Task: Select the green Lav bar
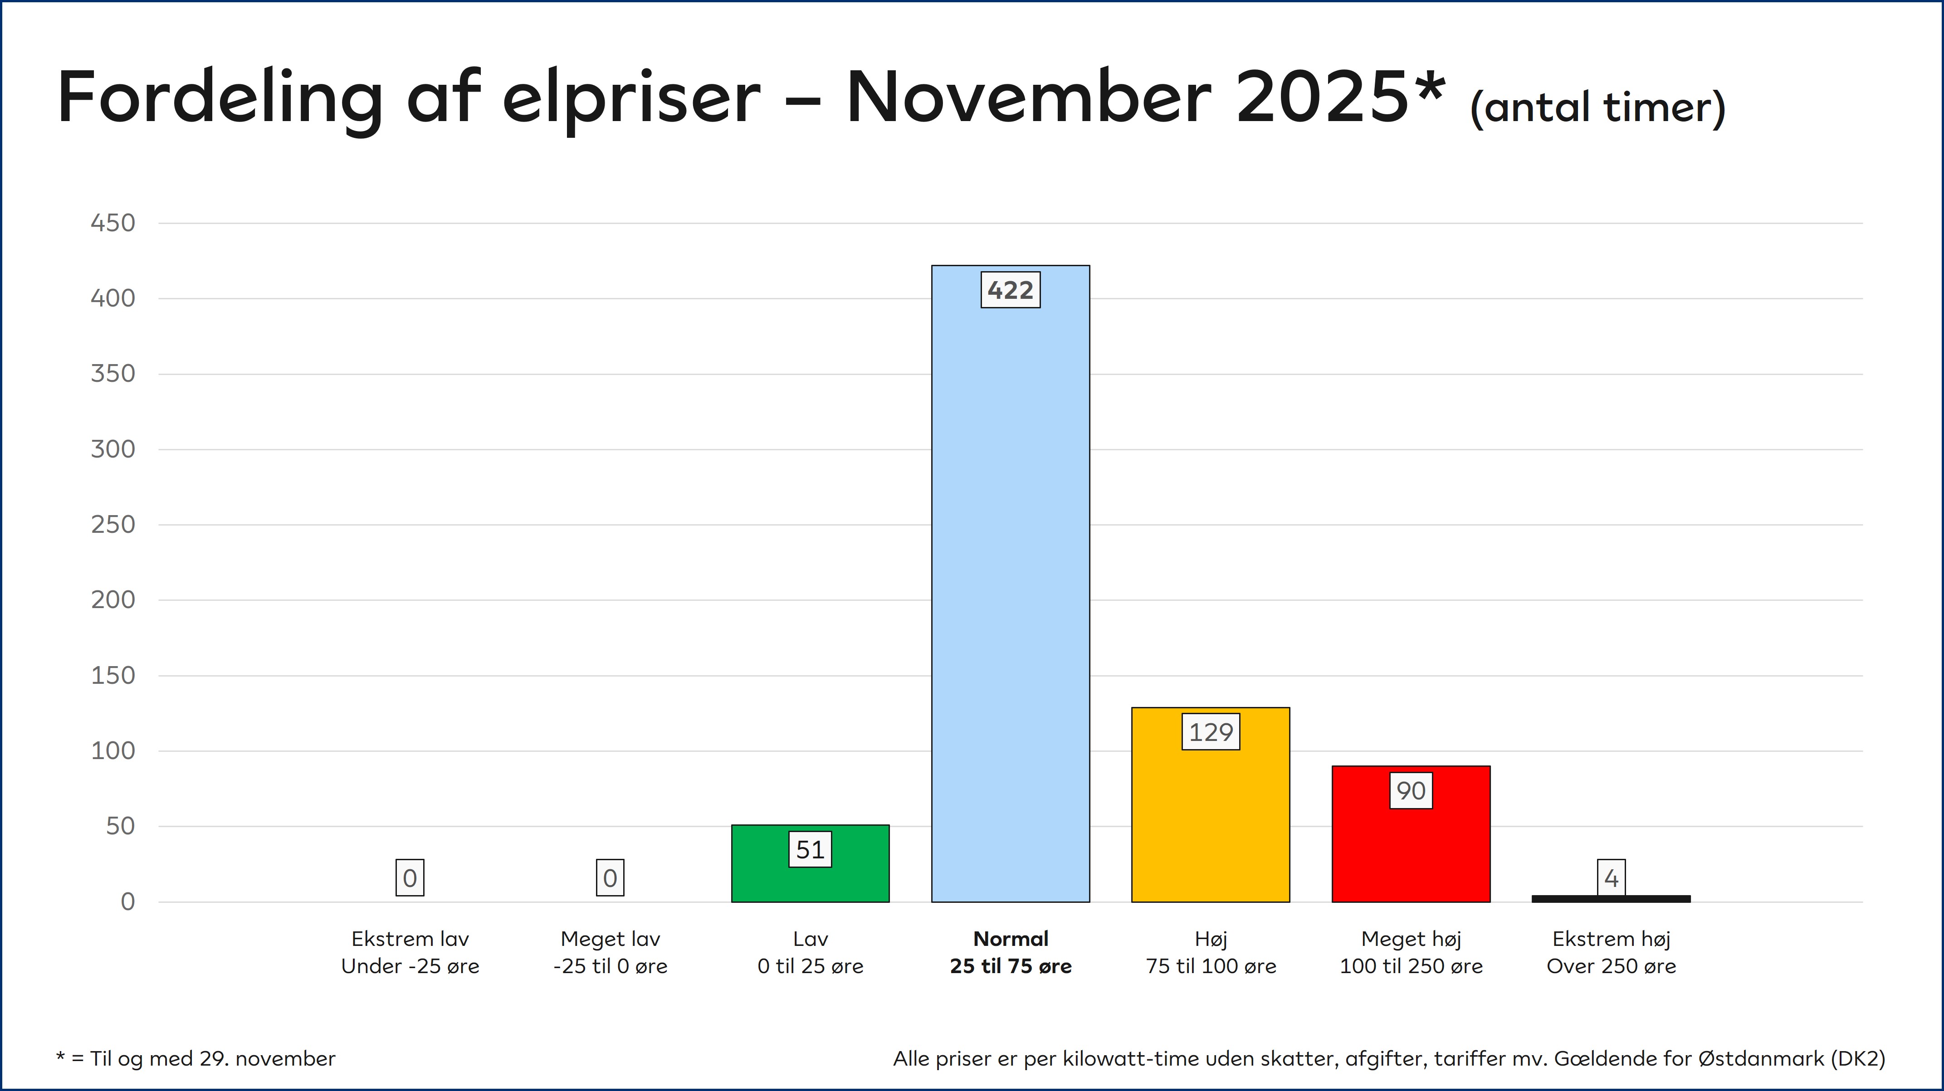click(811, 863)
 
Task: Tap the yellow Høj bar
click(1211, 804)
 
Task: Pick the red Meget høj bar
click(1411, 834)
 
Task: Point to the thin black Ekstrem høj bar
click(1611, 899)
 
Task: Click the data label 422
click(1011, 290)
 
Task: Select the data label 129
click(1211, 732)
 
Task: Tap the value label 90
click(1411, 791)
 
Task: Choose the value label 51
click(811, 850)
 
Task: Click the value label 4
click(1611, 877)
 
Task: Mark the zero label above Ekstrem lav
click(410, 877)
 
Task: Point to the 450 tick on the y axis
click(113, 223)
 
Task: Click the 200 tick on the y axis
click(113, 600)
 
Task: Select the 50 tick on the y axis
click(121, 826)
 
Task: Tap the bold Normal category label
click(1011, 939)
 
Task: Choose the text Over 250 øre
click(1611, 966)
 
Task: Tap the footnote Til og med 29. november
click(213, 1058)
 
